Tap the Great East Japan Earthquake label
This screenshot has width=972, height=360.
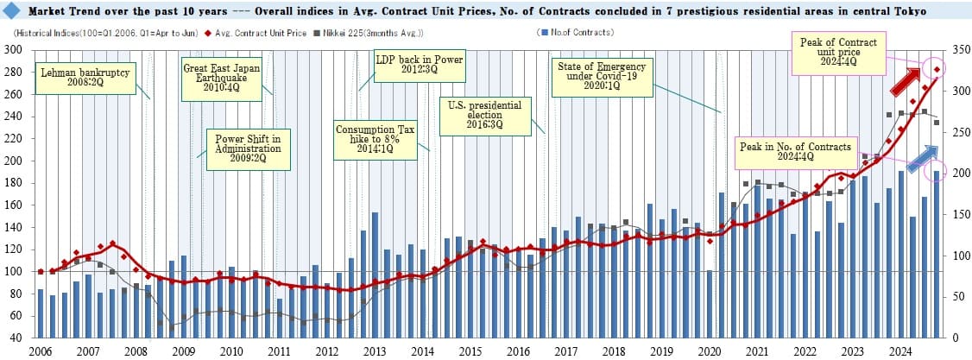[211, 76]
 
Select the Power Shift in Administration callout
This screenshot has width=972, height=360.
[248, 148]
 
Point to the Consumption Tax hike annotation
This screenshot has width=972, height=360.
[376, 139]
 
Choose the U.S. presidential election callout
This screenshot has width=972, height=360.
[484, 115]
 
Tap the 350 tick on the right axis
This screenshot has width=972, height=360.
[956, 49]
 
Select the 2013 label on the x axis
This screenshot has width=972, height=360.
[375, 351]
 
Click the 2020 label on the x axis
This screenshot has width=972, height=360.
[709, 351]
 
